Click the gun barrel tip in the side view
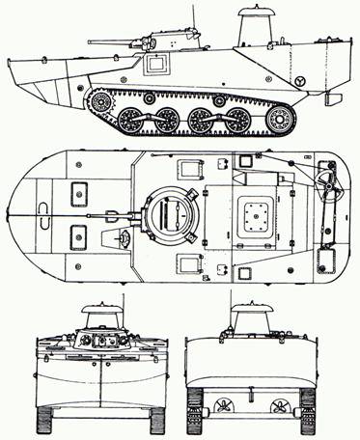[x=90, y=42]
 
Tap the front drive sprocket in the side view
[x=97, y=101]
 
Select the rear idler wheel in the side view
[x=280, y=118]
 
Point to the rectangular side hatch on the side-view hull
[x=155, y=66]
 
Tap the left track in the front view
[x=45, y=418]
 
